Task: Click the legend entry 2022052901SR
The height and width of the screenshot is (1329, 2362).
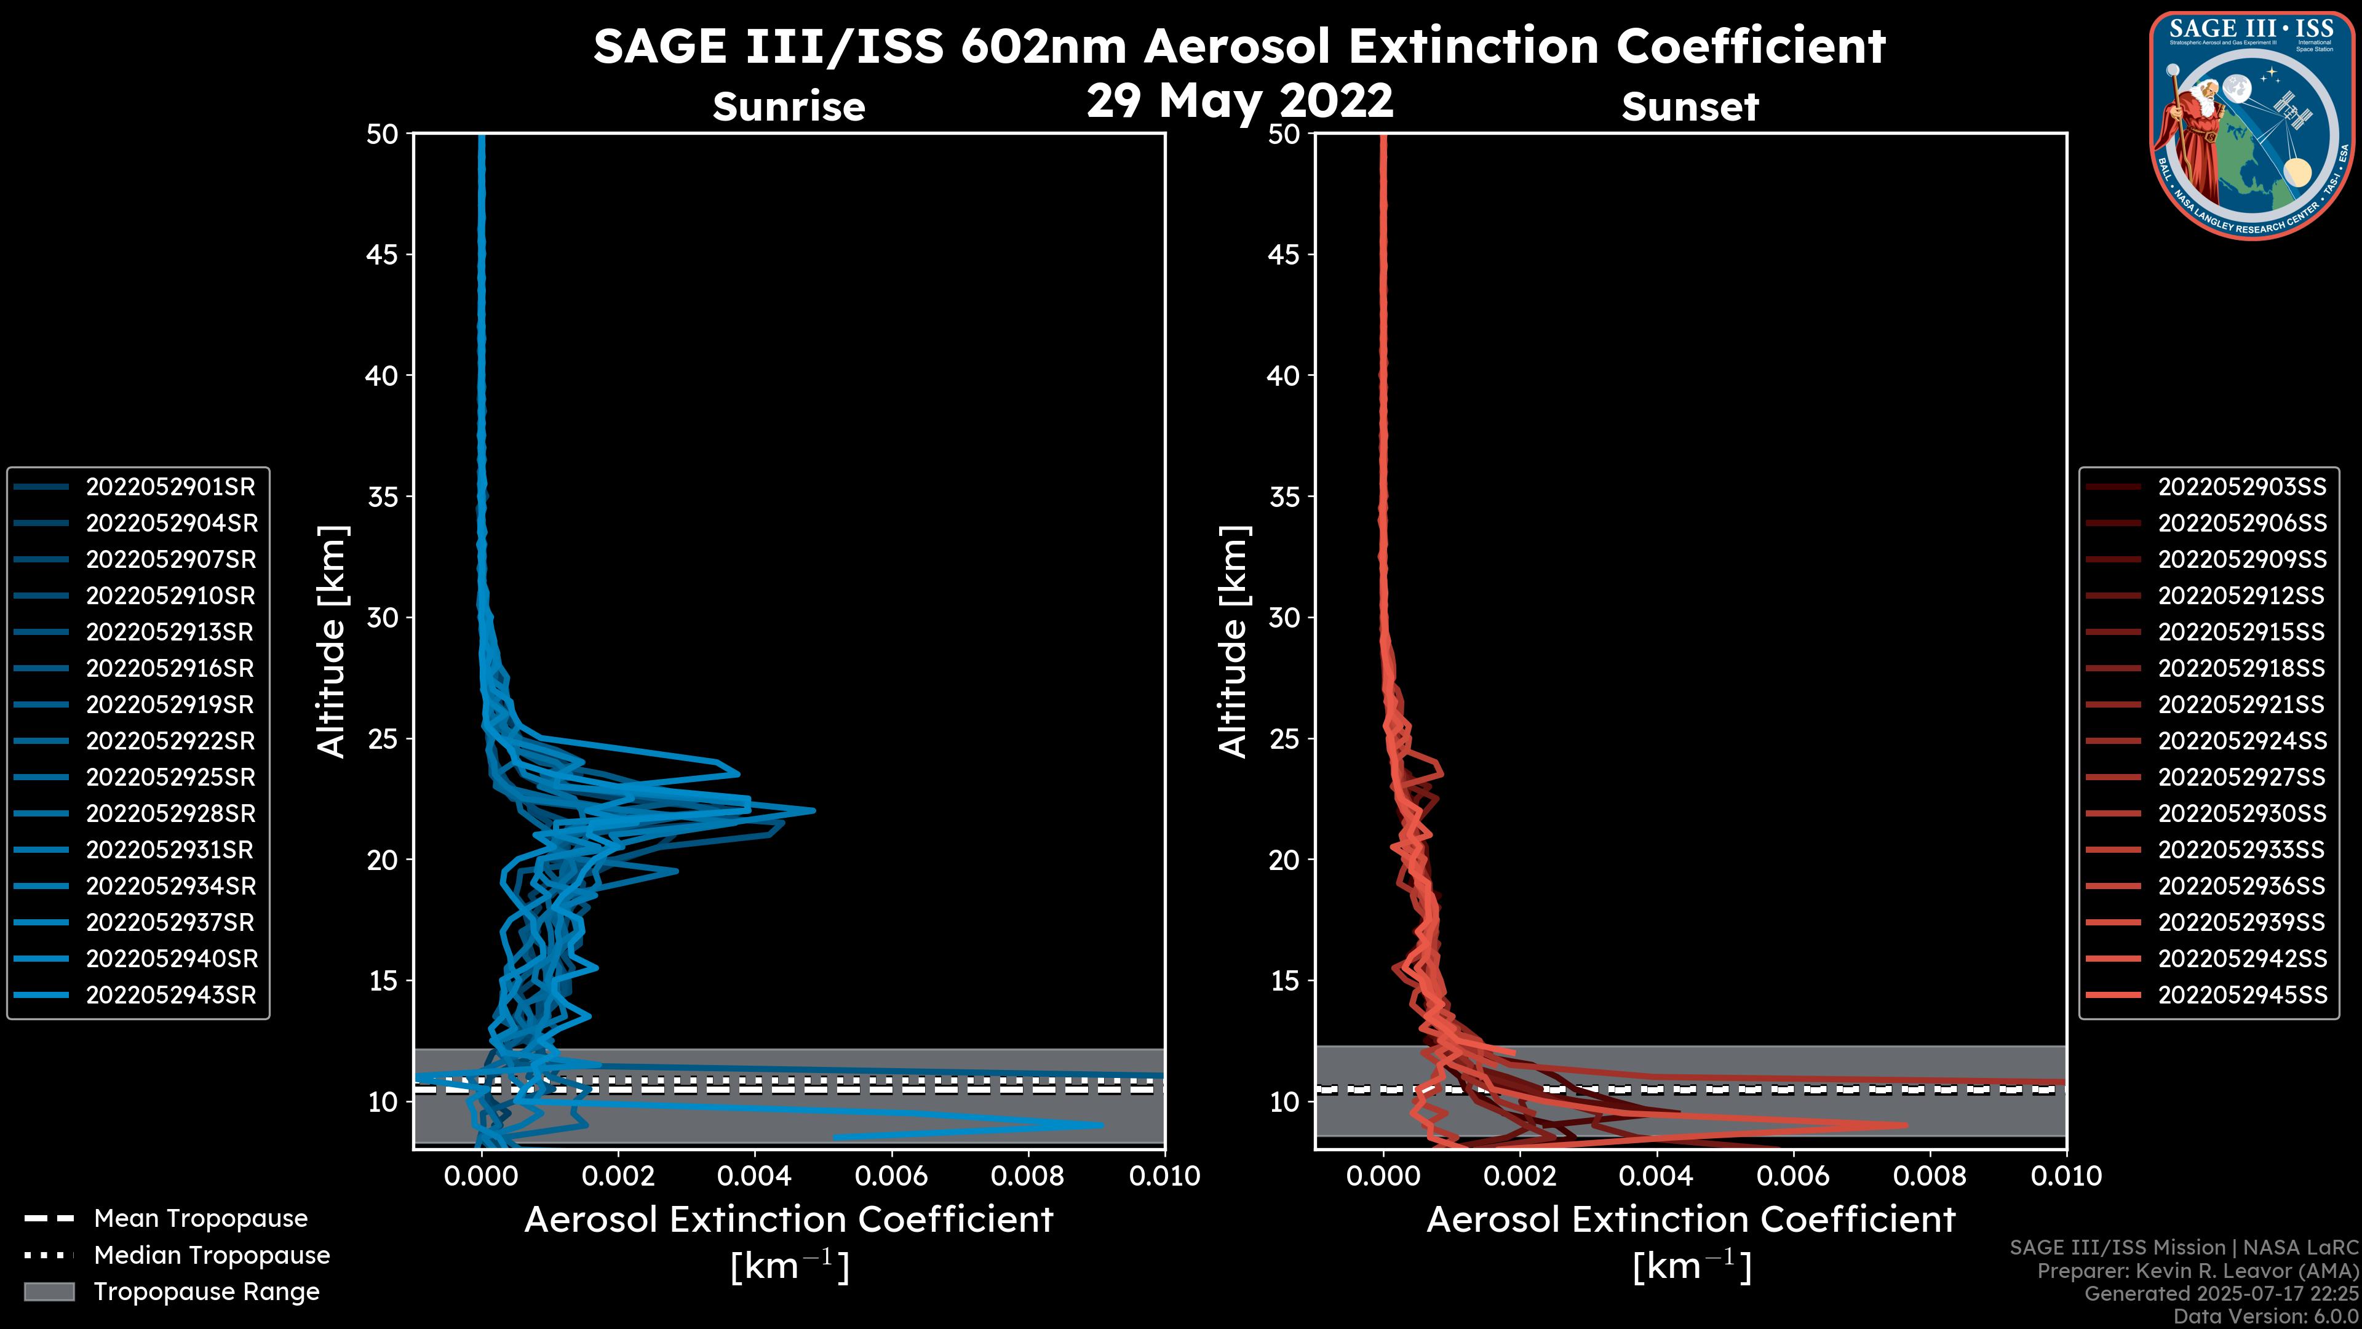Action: (170, 487)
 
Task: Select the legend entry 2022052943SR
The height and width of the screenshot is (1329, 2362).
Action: (170, 995)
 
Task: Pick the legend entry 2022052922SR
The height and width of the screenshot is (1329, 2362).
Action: (170, 741)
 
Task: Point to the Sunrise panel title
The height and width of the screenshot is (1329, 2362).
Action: (789, 107)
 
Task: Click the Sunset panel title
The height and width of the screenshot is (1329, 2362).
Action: (1690, 107)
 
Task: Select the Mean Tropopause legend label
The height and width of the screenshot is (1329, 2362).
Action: (201, 1219)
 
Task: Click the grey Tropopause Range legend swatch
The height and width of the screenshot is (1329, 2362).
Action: (49, 1291)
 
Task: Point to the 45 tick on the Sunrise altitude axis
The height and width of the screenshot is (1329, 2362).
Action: (383, 255)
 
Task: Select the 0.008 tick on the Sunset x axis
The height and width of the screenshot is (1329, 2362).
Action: (1930, 1176)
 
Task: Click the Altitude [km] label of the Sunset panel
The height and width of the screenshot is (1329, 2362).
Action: (1234, 642)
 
